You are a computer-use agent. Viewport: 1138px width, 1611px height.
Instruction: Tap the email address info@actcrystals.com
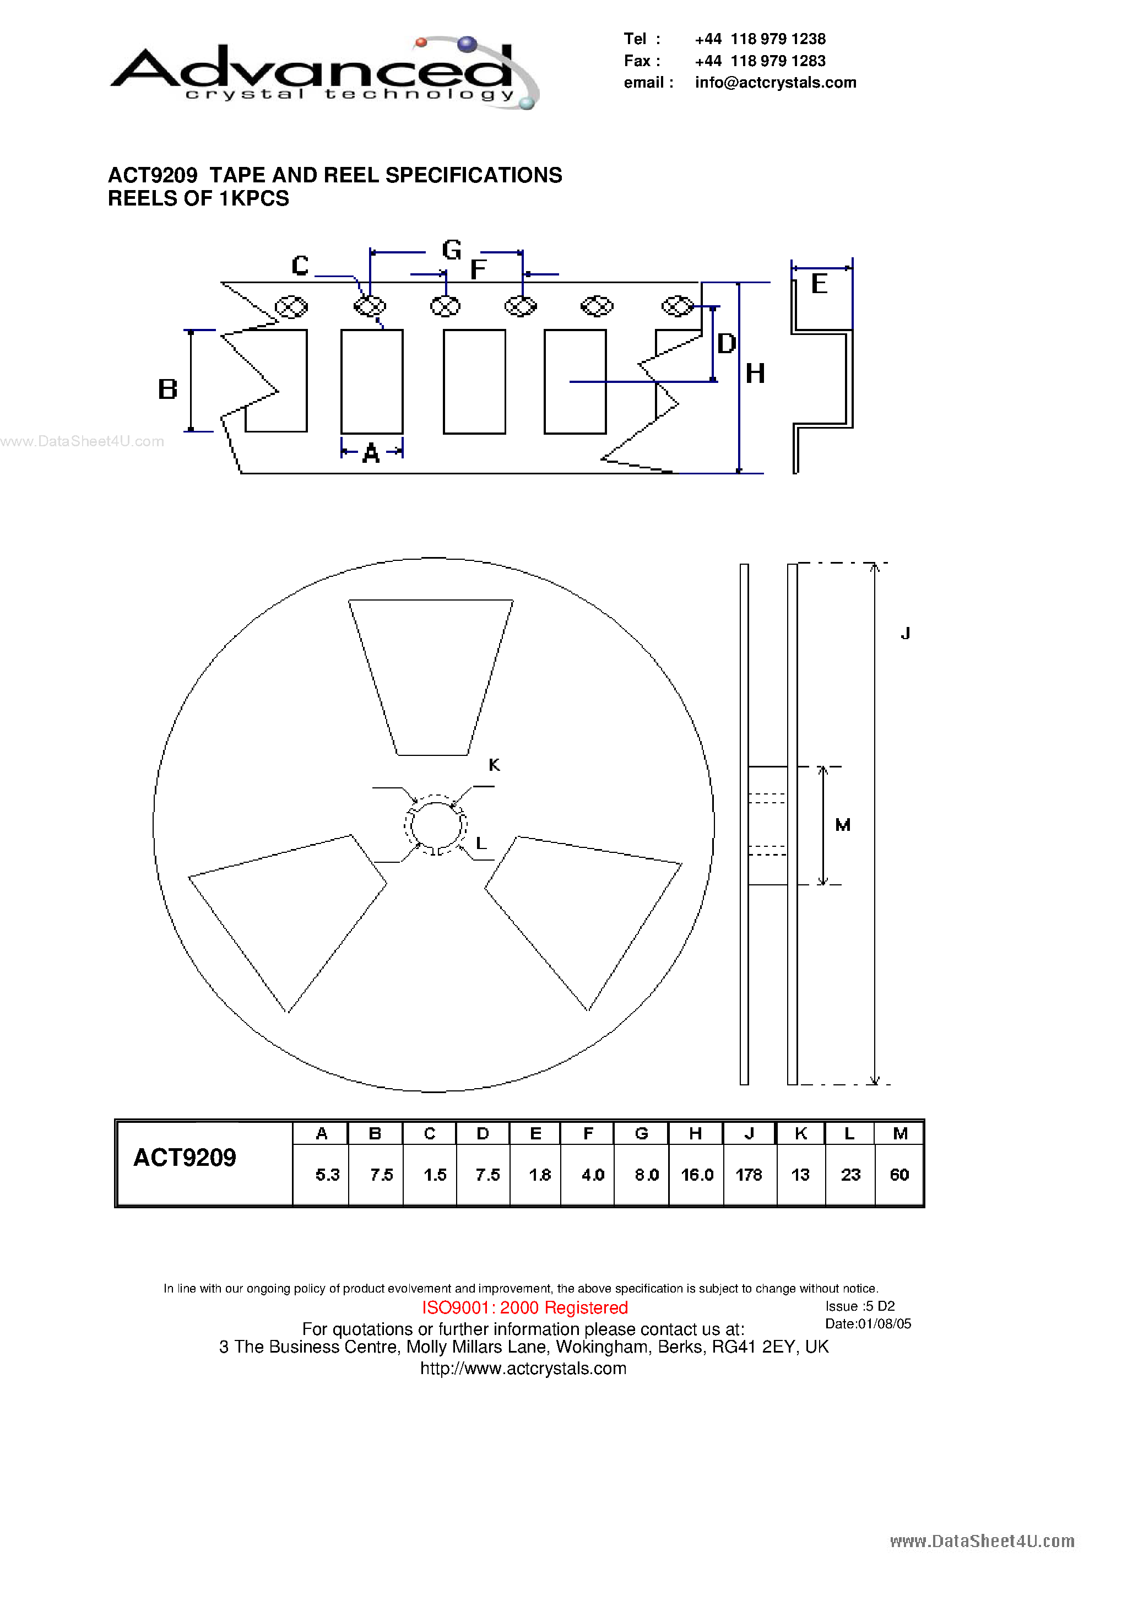point(775,83)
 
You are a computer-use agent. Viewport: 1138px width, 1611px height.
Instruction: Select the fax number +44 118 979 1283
point(760,61)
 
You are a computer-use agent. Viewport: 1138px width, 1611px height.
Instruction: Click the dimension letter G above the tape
point(452,250)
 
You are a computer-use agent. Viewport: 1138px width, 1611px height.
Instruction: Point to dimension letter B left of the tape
point(167,389)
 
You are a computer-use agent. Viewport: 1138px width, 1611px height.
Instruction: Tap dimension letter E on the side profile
point(819,284)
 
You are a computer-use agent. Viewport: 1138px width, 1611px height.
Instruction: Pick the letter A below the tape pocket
point(371,454)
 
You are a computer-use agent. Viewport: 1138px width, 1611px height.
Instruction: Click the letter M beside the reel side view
point(843,825)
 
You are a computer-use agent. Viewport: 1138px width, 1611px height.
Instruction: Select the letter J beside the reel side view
point(905,634)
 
